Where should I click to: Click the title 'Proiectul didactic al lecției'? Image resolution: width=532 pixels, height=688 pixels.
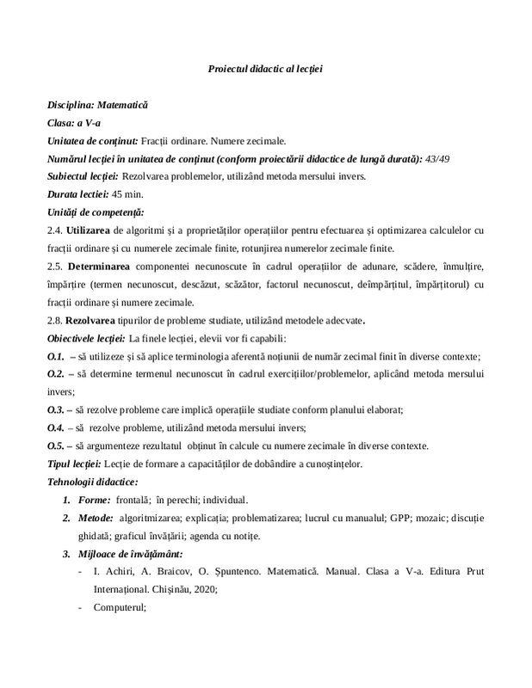point(265,68)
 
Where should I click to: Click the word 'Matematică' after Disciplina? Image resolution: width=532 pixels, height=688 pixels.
point(120,104)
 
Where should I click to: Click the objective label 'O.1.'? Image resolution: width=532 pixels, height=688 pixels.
point(56,357)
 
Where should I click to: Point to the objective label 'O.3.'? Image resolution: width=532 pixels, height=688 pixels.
point(56,410)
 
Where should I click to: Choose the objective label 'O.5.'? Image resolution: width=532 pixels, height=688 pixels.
point(56,446)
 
